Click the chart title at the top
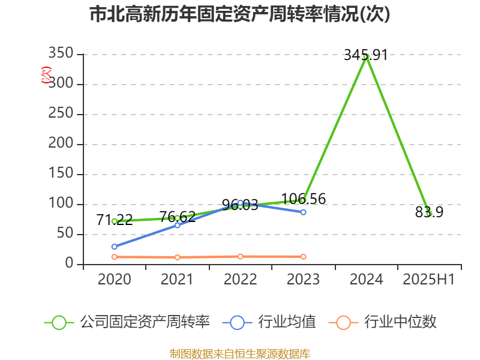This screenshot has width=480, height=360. (240, 14)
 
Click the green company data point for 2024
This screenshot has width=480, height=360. (365, 56)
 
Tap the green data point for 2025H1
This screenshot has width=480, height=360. (428, 214)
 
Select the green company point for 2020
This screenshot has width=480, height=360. (114, 221)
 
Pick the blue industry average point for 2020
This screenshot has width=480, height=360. (114, 247)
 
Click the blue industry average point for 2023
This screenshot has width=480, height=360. (303, 212)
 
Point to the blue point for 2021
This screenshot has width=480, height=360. (177, 226)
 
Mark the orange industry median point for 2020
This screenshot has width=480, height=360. (114, 257)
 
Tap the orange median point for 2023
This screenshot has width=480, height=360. (303, 256)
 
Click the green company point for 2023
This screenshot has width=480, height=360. (303, 200)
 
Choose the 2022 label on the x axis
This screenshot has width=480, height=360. (240, 280)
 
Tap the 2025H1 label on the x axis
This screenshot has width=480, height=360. (428, 280)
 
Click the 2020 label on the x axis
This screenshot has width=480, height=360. (114, 280)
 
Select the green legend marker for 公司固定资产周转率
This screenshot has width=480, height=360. (59, 322)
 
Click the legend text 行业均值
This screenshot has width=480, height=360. (287, 322)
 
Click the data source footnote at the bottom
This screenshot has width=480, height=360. (240, 353)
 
